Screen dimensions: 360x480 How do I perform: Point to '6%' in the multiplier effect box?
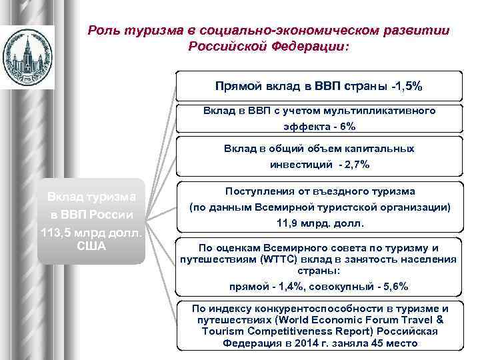347,127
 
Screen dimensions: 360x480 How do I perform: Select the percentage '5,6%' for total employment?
393,286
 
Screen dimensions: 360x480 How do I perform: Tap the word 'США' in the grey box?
91,245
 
